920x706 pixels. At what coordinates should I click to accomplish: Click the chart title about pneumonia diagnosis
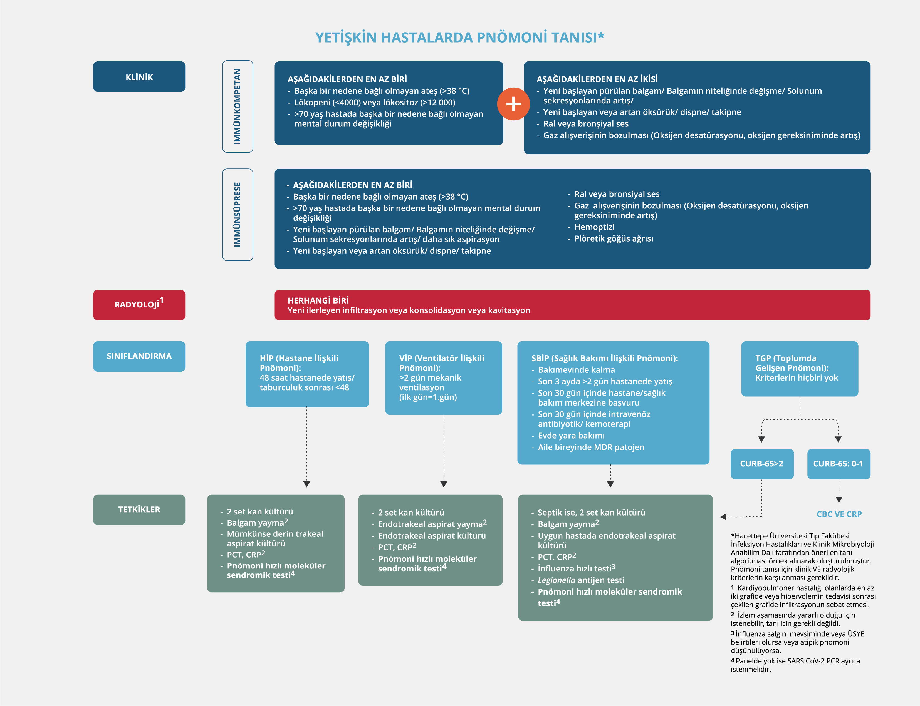coord(459,38)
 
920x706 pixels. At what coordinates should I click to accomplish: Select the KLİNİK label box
coord(139,77)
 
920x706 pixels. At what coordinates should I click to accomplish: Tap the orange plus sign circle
coord(513,104)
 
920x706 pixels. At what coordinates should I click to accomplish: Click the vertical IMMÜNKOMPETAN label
coord(238,106)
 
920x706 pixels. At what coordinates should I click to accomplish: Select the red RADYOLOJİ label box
coord(139,305)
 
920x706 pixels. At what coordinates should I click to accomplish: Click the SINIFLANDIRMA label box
coord(139,356)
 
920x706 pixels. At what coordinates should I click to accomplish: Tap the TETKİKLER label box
coord(139,509)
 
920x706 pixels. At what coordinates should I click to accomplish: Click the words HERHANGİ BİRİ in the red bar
coord(318,300)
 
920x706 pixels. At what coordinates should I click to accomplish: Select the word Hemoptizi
coord(594,227)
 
